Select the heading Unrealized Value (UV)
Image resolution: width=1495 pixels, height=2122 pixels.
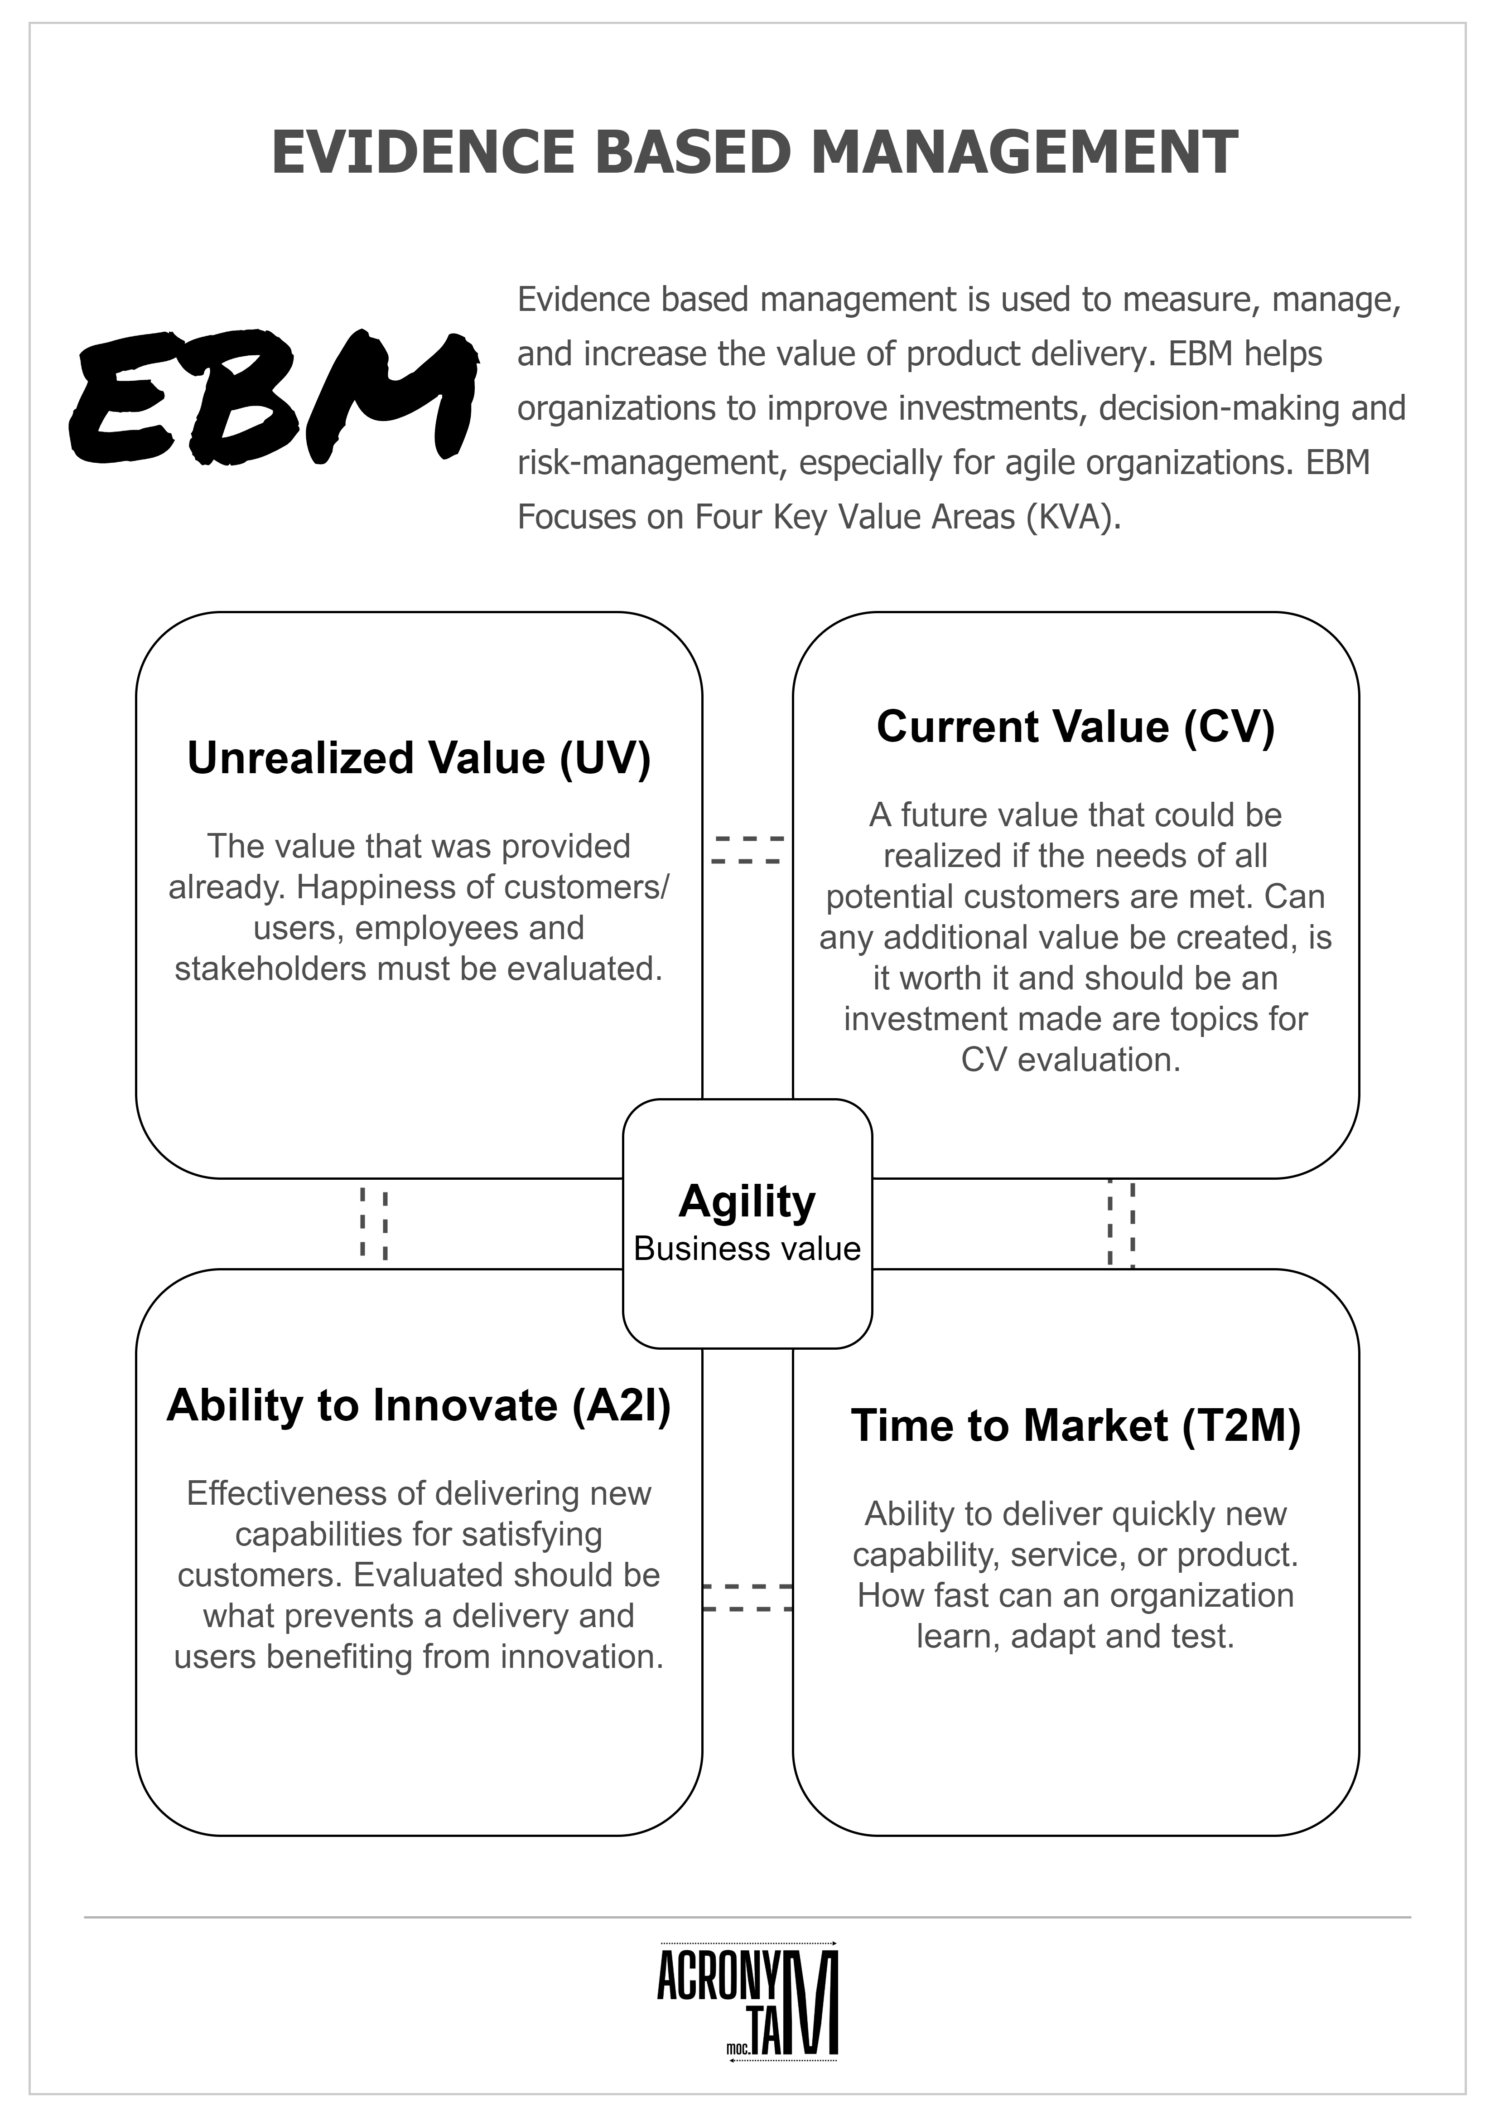[x=419, y=758]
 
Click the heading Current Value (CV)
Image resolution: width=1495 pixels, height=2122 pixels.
[x=1075, y=727]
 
